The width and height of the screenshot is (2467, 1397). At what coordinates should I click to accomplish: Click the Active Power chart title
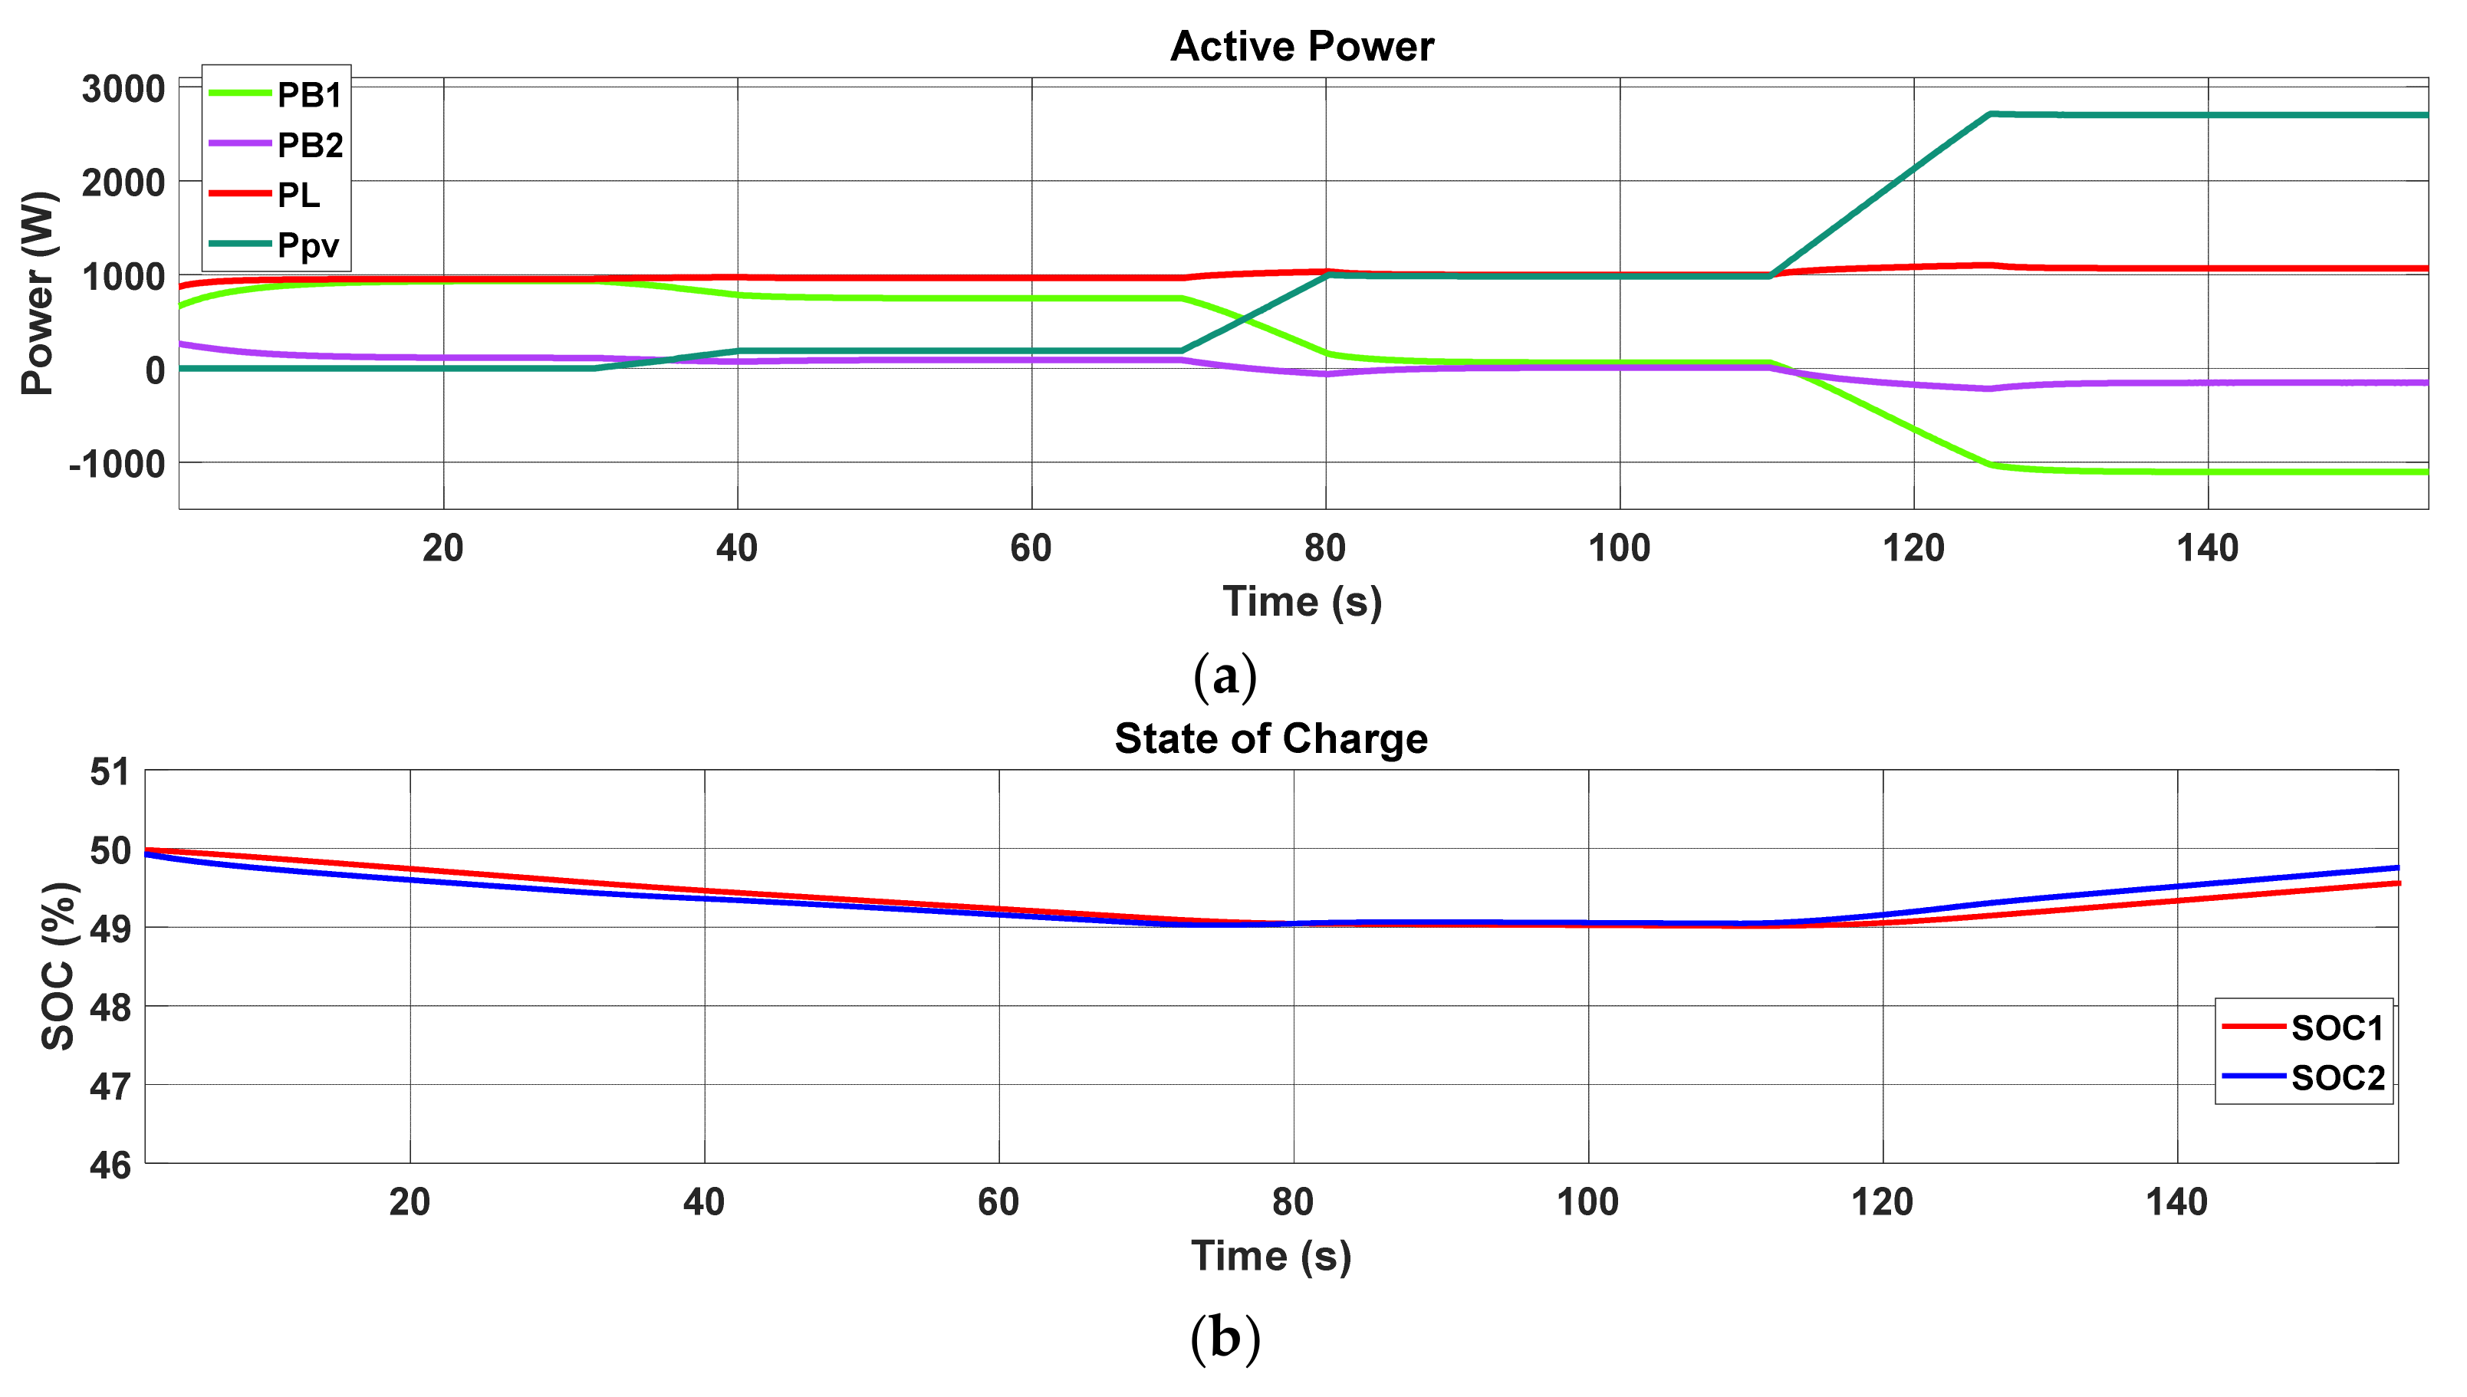(x=1301, y=46)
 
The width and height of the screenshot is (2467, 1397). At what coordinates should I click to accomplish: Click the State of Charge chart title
(x=1271, y=739)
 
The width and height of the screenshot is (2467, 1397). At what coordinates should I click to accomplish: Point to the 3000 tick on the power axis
(x=123, y=89)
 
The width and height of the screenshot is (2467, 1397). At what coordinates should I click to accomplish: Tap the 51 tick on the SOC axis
(x=110, y=771)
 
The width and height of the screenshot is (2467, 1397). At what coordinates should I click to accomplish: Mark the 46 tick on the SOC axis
(x=110, y=1165)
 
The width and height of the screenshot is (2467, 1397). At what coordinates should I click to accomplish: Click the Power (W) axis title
(x=38, y=293)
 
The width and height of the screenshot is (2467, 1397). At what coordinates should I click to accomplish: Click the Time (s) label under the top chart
(x=1301, y=603)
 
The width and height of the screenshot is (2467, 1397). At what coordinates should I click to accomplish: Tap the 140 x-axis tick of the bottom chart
(x=2176, y=1202)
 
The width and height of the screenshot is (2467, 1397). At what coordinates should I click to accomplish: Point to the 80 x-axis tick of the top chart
(x=1325, y=549)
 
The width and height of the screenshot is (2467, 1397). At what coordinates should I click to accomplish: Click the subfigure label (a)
(x=1225, y=676)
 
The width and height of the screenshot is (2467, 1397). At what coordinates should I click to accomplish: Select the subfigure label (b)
(x=1225, y=1336)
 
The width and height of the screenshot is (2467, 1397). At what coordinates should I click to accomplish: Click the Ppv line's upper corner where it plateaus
(x=1991, y=114)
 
